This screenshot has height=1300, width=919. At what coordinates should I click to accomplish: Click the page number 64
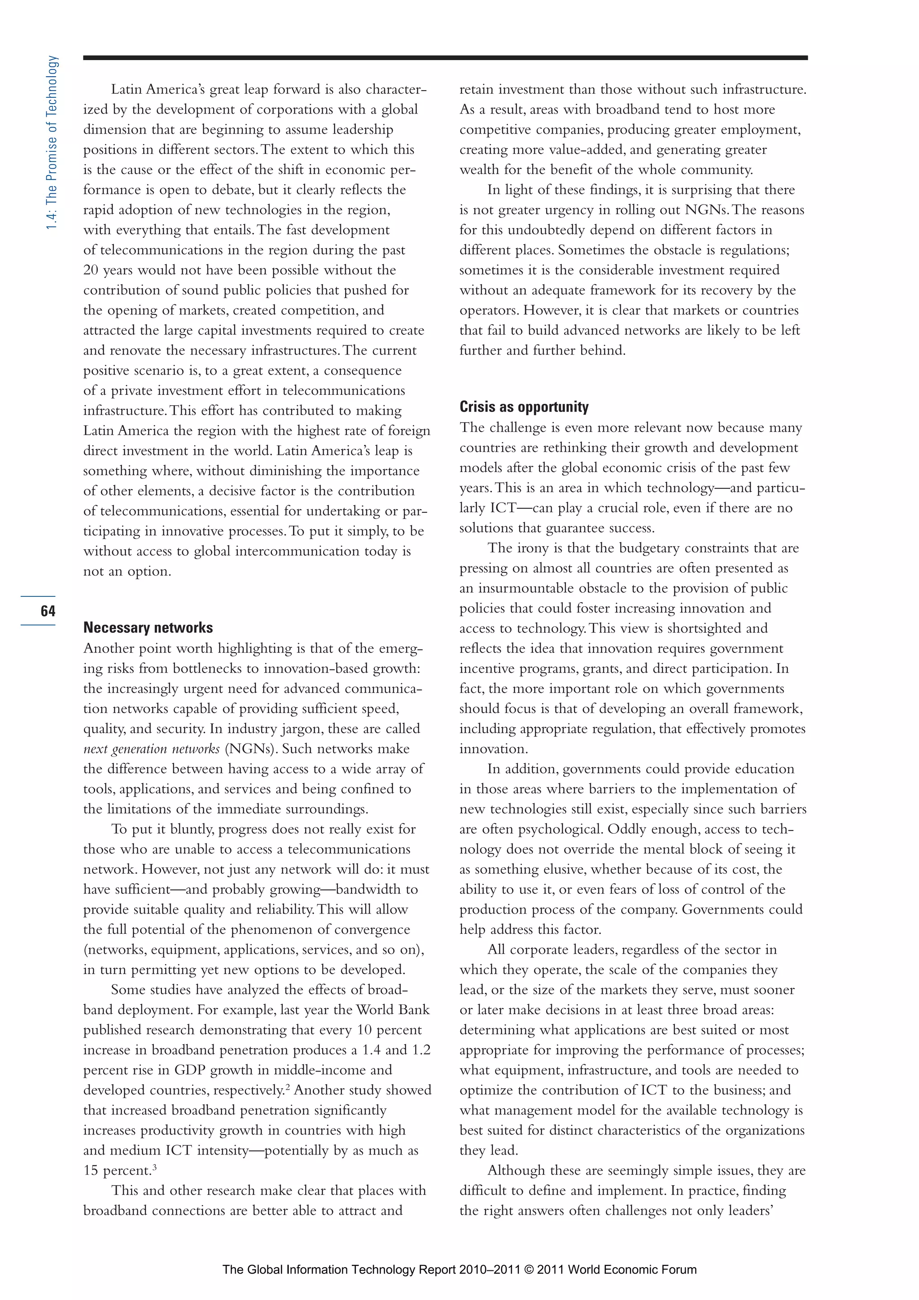point(48,610)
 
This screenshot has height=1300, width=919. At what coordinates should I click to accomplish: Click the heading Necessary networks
point(148,627)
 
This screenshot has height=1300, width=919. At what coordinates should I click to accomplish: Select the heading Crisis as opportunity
point(524,407)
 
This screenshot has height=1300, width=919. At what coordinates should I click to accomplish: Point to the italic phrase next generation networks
point(151,748)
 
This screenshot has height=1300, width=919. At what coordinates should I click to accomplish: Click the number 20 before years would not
point(91,270)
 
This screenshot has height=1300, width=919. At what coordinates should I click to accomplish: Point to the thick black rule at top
point(445,58)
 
